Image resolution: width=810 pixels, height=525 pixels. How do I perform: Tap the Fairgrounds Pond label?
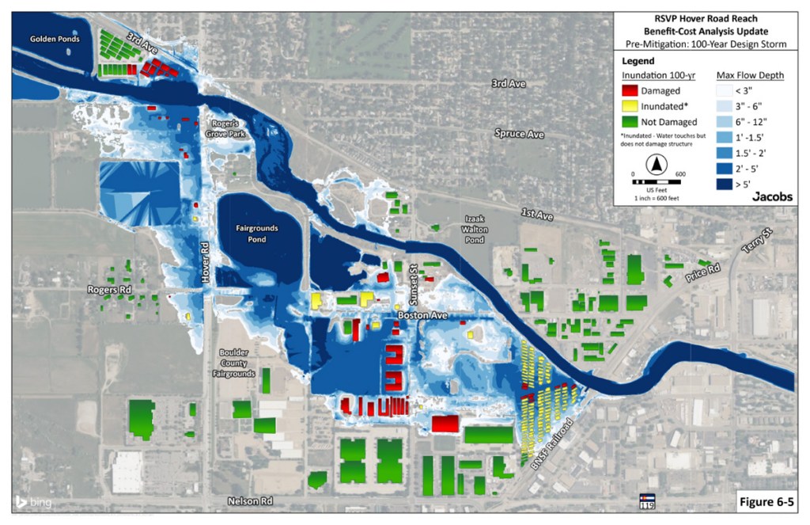point(257,234)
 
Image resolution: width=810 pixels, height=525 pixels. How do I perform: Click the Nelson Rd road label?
point(249,501)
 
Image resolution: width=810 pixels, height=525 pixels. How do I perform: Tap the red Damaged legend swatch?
point(630,90)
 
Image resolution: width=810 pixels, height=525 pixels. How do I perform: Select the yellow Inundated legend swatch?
point(630,106)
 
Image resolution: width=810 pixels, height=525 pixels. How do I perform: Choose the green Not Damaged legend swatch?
point(630,122)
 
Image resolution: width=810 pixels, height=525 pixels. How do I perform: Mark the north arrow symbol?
point(655,165)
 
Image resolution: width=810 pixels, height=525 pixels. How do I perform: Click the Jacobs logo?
point(772,196)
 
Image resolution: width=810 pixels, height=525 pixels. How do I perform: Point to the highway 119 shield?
point(647,502)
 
